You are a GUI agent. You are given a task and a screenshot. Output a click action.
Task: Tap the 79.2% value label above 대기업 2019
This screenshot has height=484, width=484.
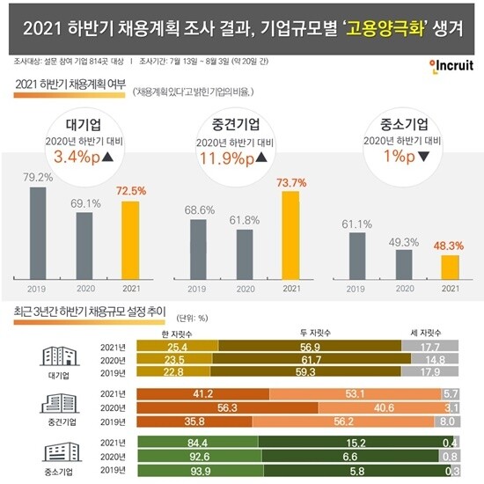(38, 175)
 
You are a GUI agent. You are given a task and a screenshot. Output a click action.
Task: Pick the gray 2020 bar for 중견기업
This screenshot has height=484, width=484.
(245, 252)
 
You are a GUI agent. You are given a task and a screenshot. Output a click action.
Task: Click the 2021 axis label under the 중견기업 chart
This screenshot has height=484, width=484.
(290, 288)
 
